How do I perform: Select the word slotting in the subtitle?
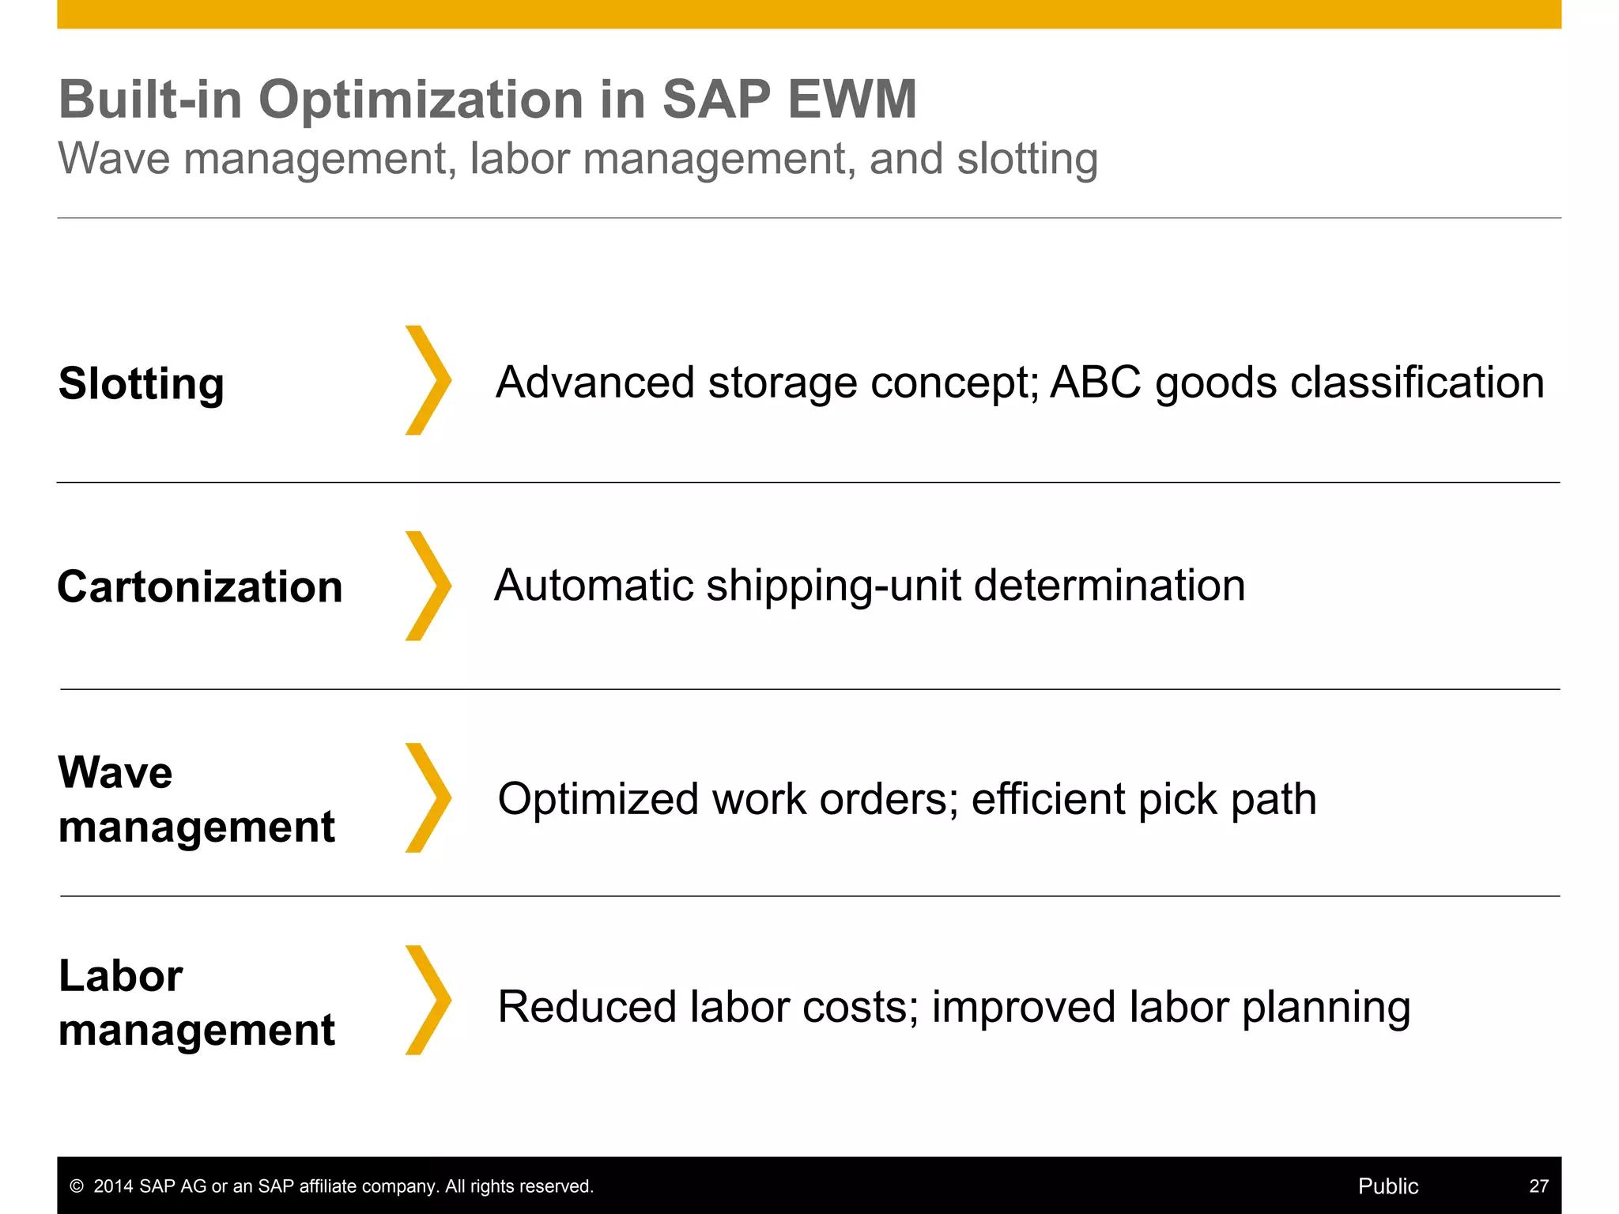(1027, 159)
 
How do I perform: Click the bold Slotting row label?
(142, 384)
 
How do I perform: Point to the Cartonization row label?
(200, 587)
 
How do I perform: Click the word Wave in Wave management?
(115, 772)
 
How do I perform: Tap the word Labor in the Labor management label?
(121, 975)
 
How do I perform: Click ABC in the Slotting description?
(1096, 383)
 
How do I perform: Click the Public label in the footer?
(1387, 1186)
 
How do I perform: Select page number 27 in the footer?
(1538, 1186)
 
